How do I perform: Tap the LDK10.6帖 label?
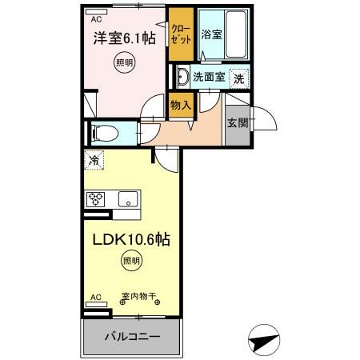click(130, 238)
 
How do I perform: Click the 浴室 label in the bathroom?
click(212, 34)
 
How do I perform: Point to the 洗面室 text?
click(210, 78)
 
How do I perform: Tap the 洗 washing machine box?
click(238, 78)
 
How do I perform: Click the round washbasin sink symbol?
click(182, 78)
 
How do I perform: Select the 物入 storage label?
click(180, 103)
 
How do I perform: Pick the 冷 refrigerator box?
click(94, 160)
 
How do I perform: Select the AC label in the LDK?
click(95, 298)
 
